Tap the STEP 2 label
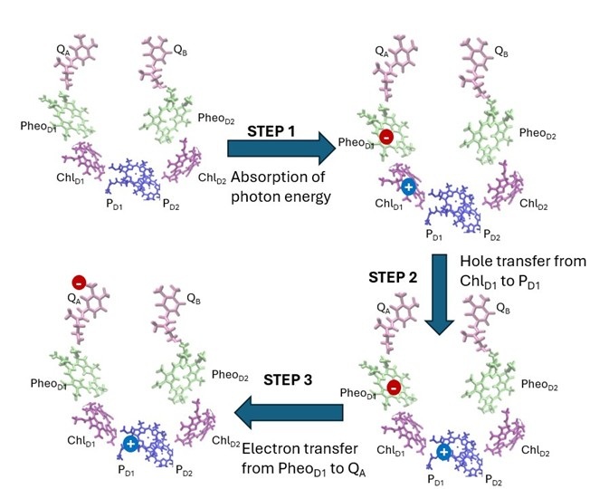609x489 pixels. point(392,276)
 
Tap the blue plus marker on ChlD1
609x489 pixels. point(408,187)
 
